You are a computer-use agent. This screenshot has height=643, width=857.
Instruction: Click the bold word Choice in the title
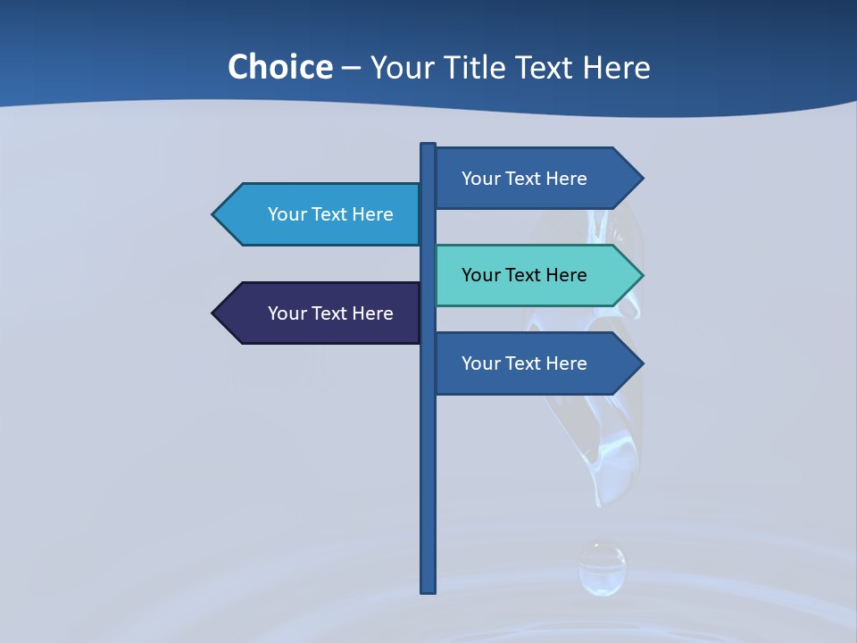279,67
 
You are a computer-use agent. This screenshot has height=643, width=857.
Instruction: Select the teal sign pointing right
527,275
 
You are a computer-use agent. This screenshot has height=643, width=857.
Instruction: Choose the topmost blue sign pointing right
527,179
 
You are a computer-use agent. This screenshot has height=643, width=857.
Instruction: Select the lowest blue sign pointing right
527,363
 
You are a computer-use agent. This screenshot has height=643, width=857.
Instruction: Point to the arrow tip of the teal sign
639,275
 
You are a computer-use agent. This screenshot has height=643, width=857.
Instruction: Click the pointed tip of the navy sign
216,313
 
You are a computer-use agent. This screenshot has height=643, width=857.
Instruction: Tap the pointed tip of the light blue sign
216,214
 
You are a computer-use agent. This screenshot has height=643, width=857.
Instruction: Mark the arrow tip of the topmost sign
639,179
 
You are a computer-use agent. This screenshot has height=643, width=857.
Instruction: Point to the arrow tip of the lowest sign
639,363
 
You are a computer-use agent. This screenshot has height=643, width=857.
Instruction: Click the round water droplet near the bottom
602,569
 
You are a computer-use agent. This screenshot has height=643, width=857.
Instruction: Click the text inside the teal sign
524,275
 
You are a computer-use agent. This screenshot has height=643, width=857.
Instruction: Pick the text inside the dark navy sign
330,313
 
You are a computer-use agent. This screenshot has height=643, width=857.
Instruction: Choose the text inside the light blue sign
330,214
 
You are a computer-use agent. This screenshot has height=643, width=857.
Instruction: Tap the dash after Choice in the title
351,68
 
